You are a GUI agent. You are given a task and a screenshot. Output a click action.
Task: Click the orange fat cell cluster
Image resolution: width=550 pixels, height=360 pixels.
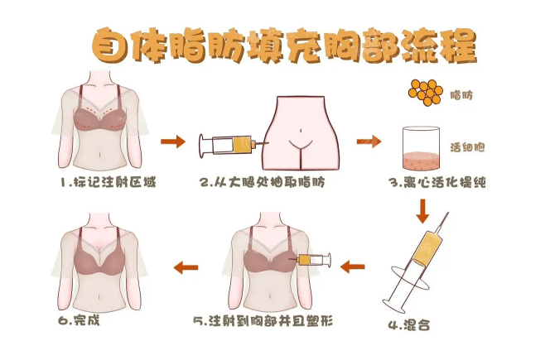click(x=426, y=93)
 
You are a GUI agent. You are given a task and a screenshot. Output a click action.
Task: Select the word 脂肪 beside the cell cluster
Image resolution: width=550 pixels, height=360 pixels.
click(x=461, y=96)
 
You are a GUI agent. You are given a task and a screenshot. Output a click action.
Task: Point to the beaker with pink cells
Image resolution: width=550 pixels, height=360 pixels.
click(x=421, y=147)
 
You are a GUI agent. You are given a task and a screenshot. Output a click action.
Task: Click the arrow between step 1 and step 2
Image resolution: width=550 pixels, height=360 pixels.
click(x=172, y=142)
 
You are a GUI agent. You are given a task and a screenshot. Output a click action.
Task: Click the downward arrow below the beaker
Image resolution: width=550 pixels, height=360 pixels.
click(x=422, y=213)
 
